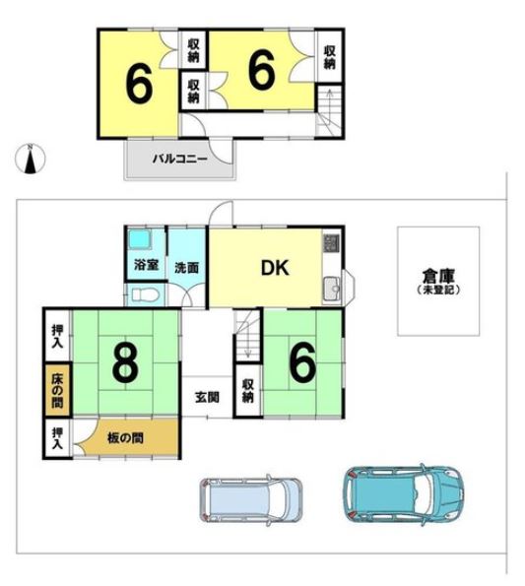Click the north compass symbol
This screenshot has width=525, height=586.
point(31,159)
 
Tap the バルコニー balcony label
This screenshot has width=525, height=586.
point(178,159)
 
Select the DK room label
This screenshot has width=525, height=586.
point(274,267)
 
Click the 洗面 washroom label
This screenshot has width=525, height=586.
point(186,266)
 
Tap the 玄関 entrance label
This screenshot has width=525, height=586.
point(207,397)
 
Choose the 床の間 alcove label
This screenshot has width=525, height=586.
point(55,391)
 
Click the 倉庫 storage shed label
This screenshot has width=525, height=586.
point(438,279)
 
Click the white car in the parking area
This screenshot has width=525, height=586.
point(252,499)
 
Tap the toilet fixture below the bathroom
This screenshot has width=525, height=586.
point(143,294)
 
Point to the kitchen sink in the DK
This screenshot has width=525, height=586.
point(331,289)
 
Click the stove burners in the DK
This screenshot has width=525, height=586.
point(331,241)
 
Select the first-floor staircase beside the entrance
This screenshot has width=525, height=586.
point(247,340)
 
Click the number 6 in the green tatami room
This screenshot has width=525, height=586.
point(301,363)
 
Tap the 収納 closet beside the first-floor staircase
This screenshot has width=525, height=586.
point(247,390)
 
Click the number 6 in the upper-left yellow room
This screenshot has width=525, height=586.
point(140,85)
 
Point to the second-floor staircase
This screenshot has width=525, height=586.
point(328,105)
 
